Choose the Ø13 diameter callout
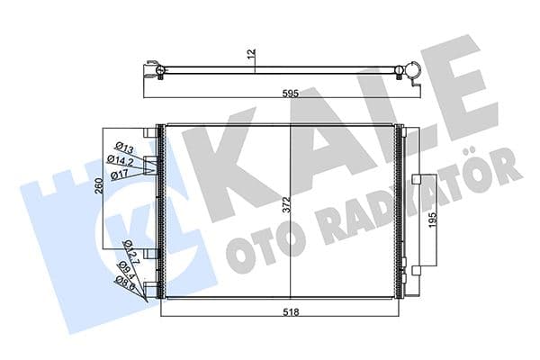point(124,148)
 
